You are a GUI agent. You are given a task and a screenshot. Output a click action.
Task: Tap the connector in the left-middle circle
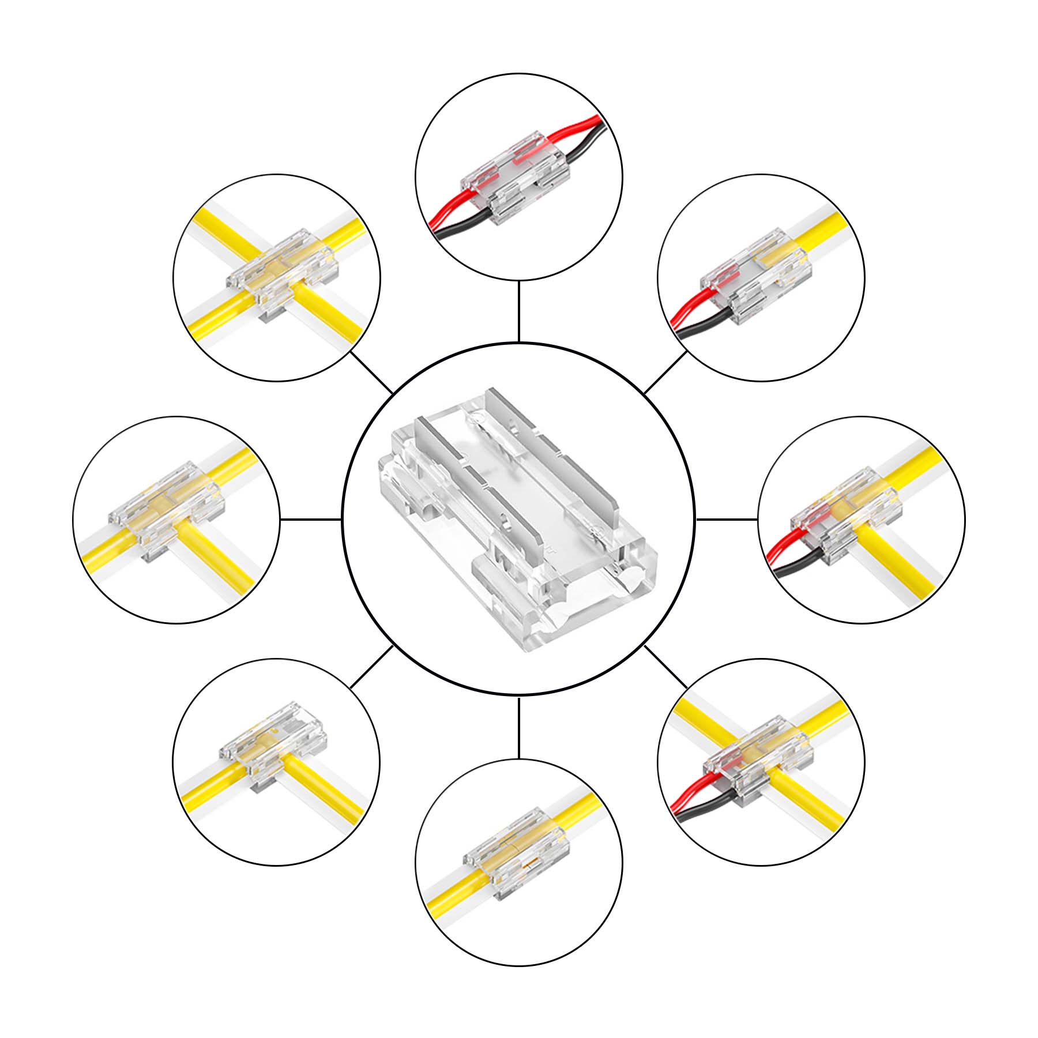click(167, 513)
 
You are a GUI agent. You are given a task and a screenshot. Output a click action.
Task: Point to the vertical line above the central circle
click(519, 312)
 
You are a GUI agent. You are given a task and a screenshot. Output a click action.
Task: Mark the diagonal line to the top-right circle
click(665, 373)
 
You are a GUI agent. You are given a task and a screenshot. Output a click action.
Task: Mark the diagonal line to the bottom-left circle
click(372, 667)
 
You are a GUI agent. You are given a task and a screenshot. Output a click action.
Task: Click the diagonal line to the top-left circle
click(372, 373)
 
